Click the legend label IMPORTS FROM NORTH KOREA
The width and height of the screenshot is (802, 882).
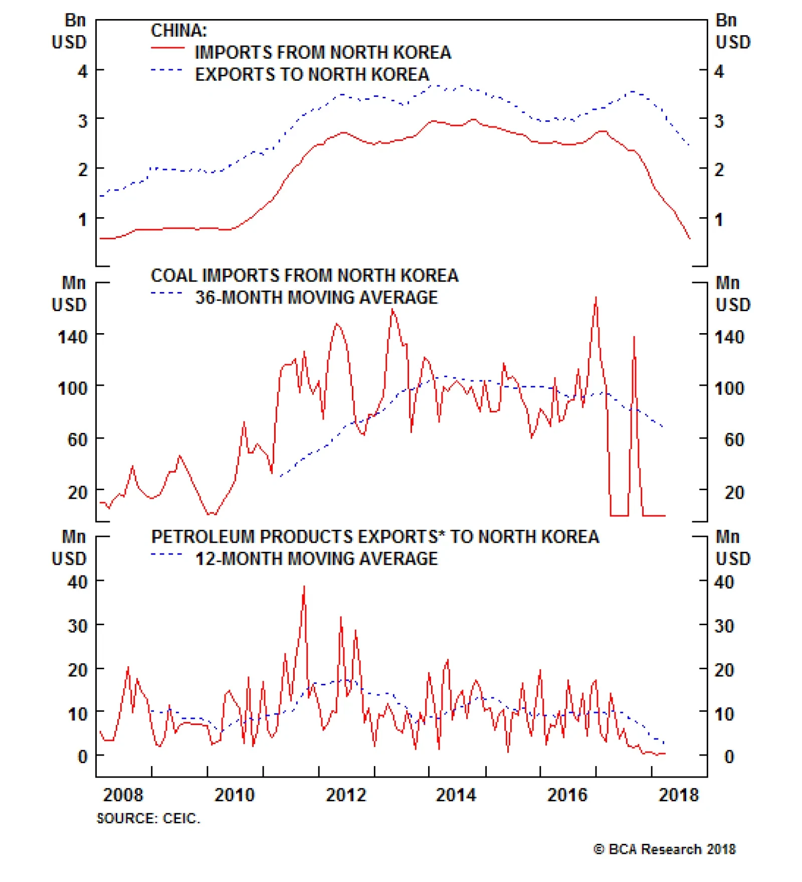[x=323, y=53]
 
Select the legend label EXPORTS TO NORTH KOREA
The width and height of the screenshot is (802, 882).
[x=312, y=75]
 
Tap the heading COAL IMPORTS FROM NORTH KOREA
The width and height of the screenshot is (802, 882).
[x=304, y=275]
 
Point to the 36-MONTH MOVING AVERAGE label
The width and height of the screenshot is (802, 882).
[x=316, y=298]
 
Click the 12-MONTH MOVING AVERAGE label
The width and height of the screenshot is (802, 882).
[x=316, y=559]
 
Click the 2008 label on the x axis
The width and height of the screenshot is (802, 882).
[x=123, y=795]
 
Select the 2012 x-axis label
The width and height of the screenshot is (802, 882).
[x=346, y=795]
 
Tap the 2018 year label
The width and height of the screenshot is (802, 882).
[x=678, y=795]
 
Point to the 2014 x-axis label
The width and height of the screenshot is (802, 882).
[x=456, y=795]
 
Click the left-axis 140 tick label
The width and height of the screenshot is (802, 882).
[x=73, y=337]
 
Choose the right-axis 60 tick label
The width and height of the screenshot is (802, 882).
[x=734, y=440]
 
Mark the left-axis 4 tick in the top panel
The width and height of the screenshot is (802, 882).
[x=83, y=71]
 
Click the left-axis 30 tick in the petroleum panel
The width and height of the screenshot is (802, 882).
[x=77, y=626]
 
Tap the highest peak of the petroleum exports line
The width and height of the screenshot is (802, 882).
[x=304, y=586]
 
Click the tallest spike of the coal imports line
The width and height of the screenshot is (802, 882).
[x=596, y=298]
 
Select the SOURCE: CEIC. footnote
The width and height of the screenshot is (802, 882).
[x=148, y=819]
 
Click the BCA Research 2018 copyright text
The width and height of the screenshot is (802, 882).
[x=665, y=849]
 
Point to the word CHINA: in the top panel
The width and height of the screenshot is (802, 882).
[x=178, y=31]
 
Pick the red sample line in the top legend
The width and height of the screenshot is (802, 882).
[x=167, y=48]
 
